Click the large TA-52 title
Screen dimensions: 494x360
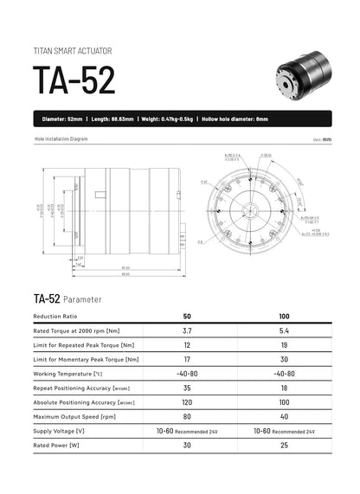coord(74,80)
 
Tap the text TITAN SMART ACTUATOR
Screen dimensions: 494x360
coord(72,50)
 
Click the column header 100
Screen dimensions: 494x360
coord(284,317)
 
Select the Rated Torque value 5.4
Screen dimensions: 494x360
coord(284,331)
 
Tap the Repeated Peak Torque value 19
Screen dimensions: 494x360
coord(284,345)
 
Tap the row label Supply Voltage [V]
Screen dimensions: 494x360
coord(59,430)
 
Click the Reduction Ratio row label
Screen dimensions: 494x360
coord(57,317)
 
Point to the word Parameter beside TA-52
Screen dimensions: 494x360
coord(83,298)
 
